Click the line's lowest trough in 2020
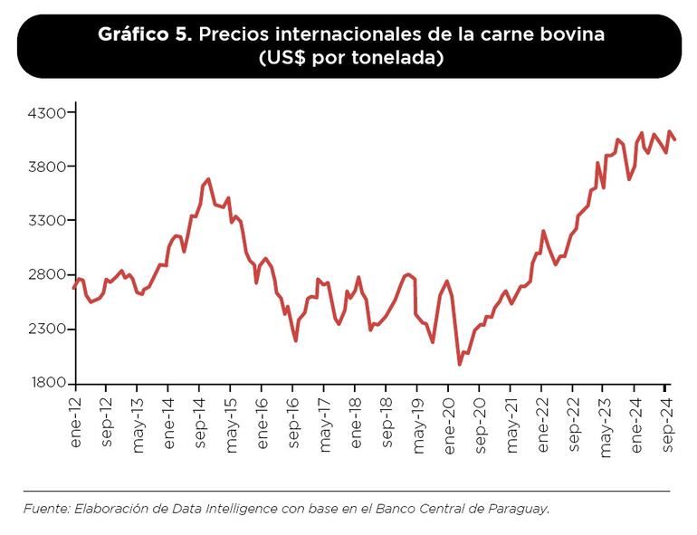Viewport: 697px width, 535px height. [x=460, y=364]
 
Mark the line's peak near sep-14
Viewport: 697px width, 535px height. [x=209, y=179]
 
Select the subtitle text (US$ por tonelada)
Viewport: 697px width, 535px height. [x=348, y=58]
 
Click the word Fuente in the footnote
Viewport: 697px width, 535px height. [x=43, y=509]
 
